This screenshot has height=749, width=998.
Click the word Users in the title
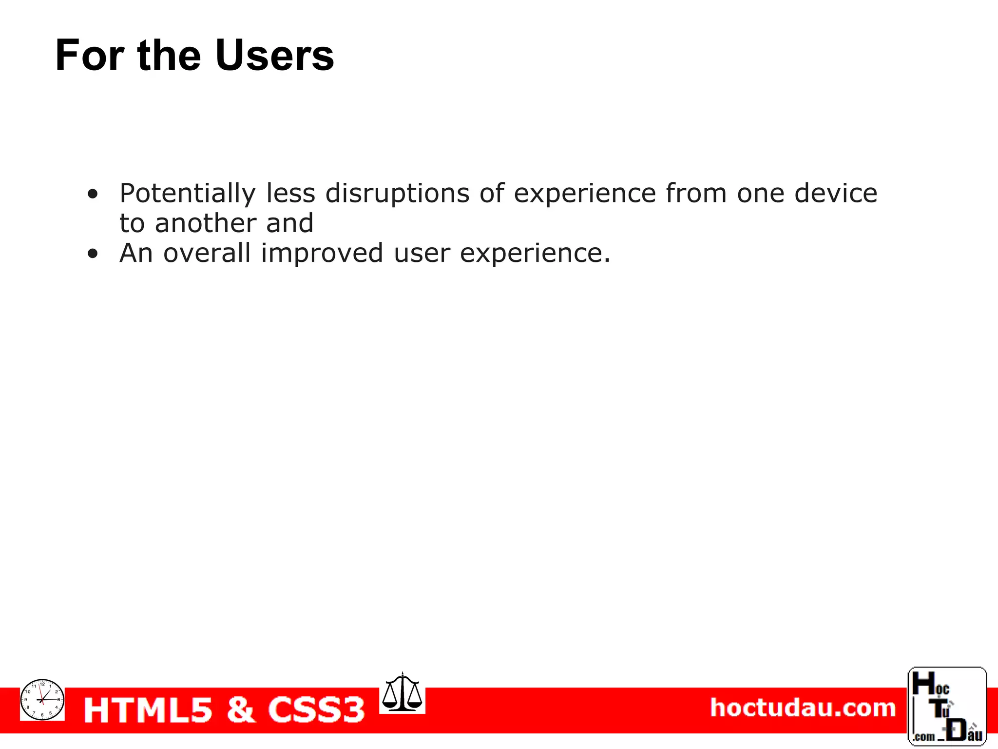pos(274,55)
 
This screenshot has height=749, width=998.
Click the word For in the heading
pos(90,55)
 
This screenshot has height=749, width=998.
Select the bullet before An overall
pos(93,254)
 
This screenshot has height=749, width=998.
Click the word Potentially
pos(188,194)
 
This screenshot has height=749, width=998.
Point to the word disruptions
pos(397,194)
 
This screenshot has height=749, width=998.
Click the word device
pos(836,193)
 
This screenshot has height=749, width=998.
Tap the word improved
pos(322,254)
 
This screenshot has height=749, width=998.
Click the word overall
pos(207,253)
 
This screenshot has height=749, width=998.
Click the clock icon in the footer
pos(42,699)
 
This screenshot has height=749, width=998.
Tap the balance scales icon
pos(402,692)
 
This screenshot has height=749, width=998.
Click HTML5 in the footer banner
pos(148,710)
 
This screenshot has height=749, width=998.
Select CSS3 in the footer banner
pos(316,710)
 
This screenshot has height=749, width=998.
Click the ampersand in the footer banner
pos(240,710)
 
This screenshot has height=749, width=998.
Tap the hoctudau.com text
pos(803,708)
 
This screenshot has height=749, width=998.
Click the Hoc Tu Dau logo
pos(947,706)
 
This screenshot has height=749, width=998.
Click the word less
pos(291,193)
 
